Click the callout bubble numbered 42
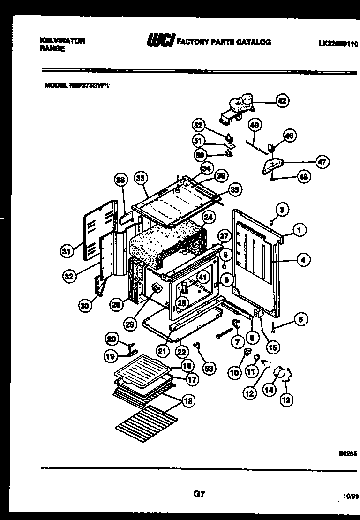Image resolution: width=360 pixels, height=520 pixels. [x=281, y=100]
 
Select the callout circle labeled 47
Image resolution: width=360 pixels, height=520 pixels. [x=322, y=162]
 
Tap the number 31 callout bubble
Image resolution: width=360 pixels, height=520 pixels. [x=67, y=252]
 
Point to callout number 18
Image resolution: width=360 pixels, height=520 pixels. [x=188, y=401]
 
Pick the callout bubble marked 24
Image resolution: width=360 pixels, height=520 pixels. [x=209, y=218]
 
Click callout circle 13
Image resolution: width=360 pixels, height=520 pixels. [x=286, y=399]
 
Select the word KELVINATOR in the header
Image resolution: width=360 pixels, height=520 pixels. [x=62, y=41]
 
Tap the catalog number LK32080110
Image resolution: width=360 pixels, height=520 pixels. [x=337, y=44]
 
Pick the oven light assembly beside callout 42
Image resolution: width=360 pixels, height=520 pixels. [x=238, y=107]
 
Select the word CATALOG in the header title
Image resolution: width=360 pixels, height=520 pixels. [x=253, y=42]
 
